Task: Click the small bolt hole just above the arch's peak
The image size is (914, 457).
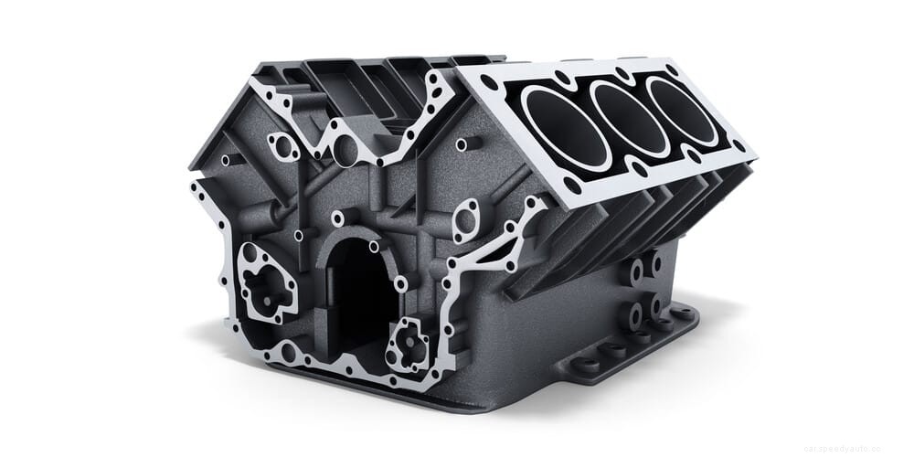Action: [x=338, y=218]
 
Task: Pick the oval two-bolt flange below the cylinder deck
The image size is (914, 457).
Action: [x=465, y=220]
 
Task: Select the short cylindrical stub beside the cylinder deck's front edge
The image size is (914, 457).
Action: [x=465, y=144]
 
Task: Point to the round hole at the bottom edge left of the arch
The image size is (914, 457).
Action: [x=291, y=349]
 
